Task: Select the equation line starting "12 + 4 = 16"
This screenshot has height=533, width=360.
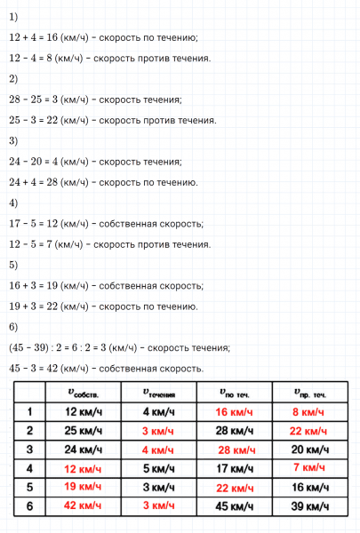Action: point(103,37)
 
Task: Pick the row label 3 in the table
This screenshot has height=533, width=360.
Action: point(30,449)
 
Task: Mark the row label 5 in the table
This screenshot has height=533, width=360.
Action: point(30,487)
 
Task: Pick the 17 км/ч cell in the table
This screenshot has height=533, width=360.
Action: point(235,468)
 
